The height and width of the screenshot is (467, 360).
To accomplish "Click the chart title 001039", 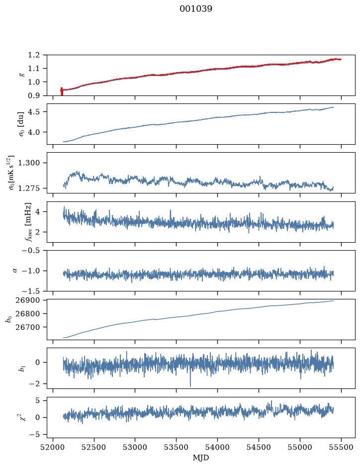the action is pyautogui.click(x=195, y=9).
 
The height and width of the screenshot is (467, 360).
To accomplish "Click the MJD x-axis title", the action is pyautogui.click(x=201, y=458).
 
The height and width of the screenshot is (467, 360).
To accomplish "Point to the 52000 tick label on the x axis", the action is pyautogui.click(x=53, y=447).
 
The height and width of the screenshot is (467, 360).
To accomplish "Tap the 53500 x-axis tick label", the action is pyautogui.click(x=177, y=447).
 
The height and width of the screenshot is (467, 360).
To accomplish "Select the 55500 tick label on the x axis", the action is pyautogui.click(x=341, y=447).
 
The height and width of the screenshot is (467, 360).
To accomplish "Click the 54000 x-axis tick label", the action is pyautogui.click(x=217, y=447).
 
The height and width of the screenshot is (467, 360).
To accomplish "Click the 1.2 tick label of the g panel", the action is pyautogui.click(x=34, y=55).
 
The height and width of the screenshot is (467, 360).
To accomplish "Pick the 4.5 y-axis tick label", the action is pyautogui.click(x=34, y=112).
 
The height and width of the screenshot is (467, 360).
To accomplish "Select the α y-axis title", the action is pyautogui.click(x=15, y=271).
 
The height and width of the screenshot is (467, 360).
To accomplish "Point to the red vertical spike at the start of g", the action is pyautogui.click(x=62, y=91).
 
